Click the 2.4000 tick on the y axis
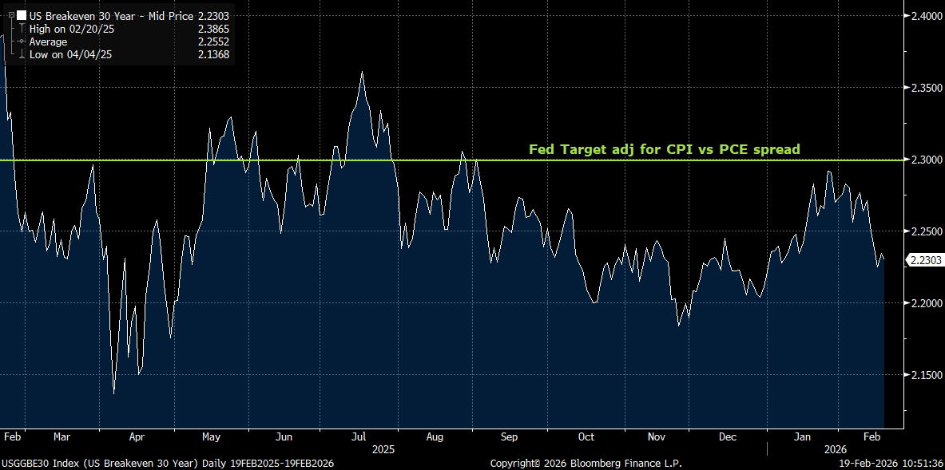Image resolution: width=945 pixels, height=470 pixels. pyautogui.click(x=923, y=16)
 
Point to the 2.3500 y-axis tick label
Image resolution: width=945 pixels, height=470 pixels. pyautogui.click(x=923, y=88)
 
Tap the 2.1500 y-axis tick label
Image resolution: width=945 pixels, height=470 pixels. pyautogui.click(x=923, y=375)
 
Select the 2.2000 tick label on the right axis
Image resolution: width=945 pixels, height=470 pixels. pyautogui.click(x=923, y=303)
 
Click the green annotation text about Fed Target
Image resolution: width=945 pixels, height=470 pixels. pyautogui.click(x=664, y=149)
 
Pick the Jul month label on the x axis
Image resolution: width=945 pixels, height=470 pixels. pyautogui.click(x=359, y=437)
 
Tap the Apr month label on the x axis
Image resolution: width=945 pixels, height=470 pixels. pyautogui.click(x=137, y=437)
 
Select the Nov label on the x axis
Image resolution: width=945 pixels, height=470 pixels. pyautogui.click(x=657, y=437)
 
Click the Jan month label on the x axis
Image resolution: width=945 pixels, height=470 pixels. pyautogui.click(x=804, y=437)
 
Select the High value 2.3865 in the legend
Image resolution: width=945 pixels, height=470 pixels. pyautogui.click(x=213, y=28)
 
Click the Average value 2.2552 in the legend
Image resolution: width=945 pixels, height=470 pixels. pyautogui.click(x=213, y=41)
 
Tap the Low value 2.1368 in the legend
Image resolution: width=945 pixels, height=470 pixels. pyautogui.click(x=213, y=55)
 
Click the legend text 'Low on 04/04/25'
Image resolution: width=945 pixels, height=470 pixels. pyautogui.click(x=70, y=55)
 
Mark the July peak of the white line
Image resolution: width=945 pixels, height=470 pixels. pyautogui.click(x=363, y=73)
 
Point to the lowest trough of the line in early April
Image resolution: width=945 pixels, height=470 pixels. pyautogui.click(x=113, y=393)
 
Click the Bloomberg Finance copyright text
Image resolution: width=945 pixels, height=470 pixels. pyautogui.click(x=586, y=464)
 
